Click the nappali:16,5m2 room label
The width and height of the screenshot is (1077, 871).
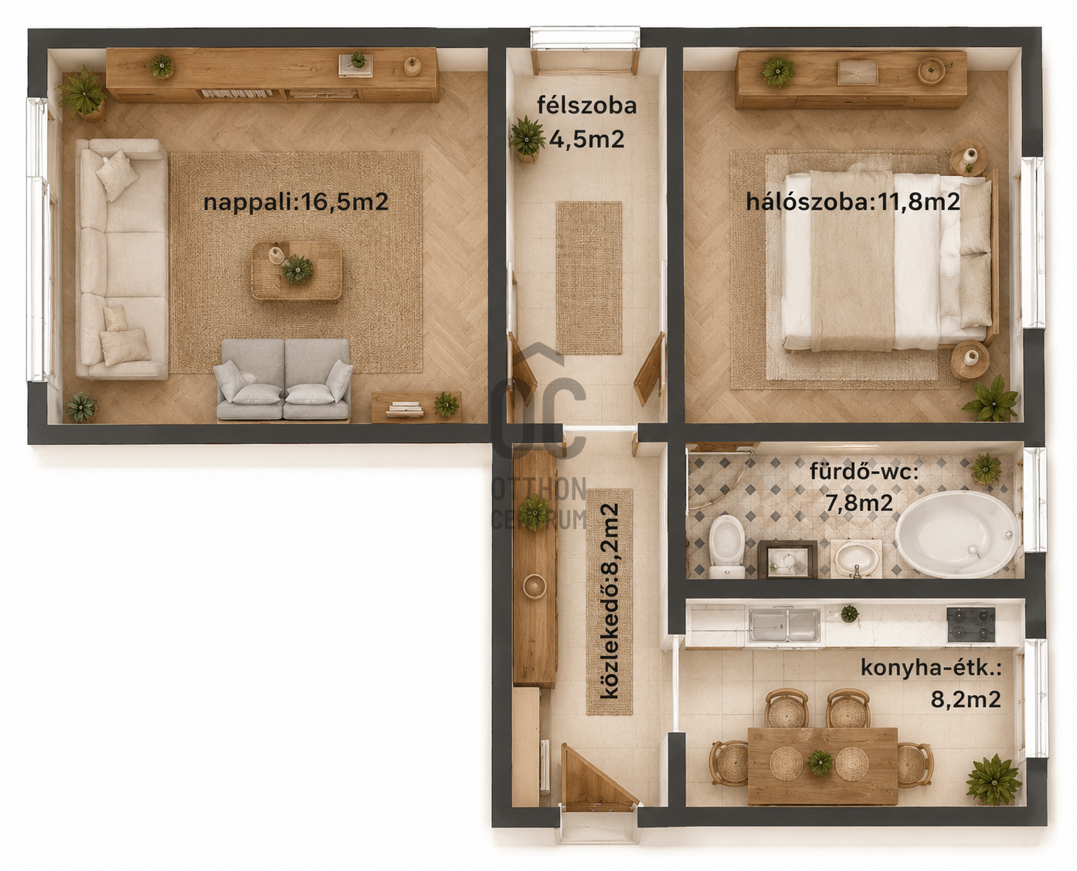(x=296, y=202)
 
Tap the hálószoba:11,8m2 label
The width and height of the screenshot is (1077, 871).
(x=853, y=202)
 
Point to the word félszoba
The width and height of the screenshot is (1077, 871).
(x=586, y=105)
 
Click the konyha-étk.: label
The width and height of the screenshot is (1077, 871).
(x=931, y=668)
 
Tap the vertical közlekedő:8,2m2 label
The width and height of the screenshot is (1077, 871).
(x=610, y=602)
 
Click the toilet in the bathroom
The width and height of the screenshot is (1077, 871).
(x=726, y=547)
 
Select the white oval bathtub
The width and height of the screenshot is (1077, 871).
(x=957, y=534)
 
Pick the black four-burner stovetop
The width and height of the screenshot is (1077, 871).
(x=971, y=625)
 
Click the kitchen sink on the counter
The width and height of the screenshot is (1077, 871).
(x=784, y=625)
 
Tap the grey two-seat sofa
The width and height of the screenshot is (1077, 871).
(x=284, y=379)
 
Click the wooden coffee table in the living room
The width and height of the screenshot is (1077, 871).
(x=297, y=271)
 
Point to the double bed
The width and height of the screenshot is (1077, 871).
(x=888, y=261)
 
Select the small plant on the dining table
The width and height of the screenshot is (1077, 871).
(x=820, y=762)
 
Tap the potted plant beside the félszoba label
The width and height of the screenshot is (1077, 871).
(x=528, y=139)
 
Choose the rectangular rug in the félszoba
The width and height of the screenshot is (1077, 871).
(x=589, y=277)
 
